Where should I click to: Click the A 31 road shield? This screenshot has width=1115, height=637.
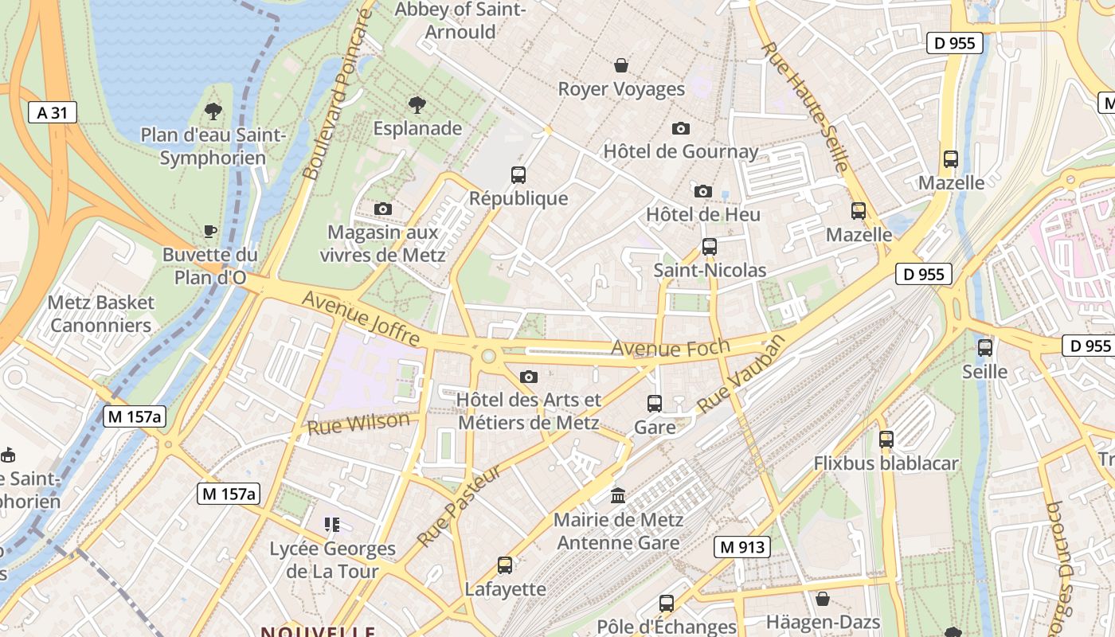52,112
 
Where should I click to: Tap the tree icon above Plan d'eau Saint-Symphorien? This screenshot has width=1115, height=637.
213,111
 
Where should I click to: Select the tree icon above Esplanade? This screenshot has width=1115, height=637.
417,104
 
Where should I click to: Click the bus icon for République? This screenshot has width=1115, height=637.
518,174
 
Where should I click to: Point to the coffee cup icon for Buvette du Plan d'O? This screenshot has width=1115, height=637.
210,231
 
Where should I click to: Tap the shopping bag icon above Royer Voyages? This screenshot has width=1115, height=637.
621,65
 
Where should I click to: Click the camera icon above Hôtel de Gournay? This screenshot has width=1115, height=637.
680,128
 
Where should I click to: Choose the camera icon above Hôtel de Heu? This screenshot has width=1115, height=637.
702,191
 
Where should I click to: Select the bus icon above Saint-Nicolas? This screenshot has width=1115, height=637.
710,247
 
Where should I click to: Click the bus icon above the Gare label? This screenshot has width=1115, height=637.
655,404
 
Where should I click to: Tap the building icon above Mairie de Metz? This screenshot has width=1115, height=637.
618,496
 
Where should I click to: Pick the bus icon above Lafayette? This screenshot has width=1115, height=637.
505,565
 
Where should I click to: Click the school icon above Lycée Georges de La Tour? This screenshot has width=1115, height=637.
332,525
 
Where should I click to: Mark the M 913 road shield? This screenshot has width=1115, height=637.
742,547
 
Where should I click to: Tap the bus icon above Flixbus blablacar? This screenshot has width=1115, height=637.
886,439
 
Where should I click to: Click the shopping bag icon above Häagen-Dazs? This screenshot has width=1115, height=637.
823,598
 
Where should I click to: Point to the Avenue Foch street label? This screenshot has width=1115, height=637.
670,348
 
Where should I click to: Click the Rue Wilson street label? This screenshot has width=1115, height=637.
358,424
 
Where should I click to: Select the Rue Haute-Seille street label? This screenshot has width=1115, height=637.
805,107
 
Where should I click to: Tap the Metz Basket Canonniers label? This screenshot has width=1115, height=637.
100,314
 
